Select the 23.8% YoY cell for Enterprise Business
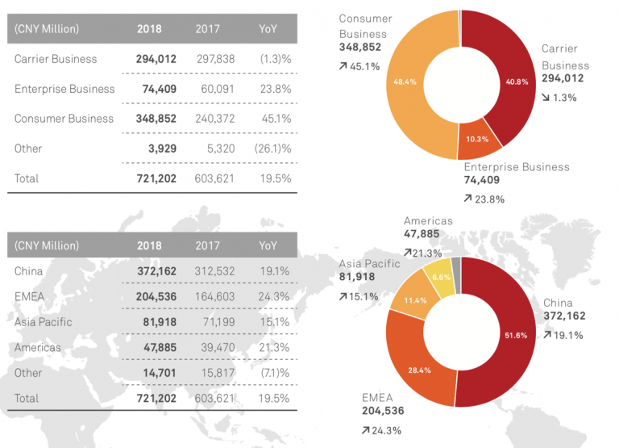click(x=276, y=89)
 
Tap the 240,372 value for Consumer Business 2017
click(x=214, y=119)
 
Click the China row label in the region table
click(x=28, y=272)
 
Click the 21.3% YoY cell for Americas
click(x=276, y=347)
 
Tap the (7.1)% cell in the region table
click(x=274, y=372)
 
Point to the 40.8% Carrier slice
click(x=516, y=81)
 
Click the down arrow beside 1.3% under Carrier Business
click(x=546, y=97)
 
